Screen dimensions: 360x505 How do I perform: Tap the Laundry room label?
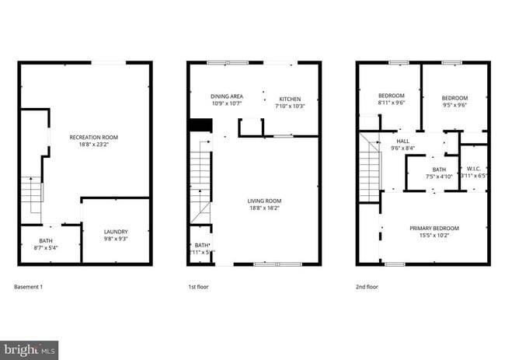(116, 232)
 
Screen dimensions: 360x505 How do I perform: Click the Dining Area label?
(227, 96)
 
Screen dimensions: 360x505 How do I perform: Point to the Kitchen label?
(290, 99)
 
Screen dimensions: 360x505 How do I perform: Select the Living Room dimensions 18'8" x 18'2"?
(264, 208)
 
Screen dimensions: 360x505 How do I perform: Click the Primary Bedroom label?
(434, 228)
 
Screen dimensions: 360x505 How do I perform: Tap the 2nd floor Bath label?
(439, 170)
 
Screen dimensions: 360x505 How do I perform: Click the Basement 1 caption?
(29, 287)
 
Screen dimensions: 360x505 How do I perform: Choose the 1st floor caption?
(198, 287)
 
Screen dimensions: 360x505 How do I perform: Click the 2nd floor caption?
(367, 287)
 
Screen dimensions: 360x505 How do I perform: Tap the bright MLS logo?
(30, 349)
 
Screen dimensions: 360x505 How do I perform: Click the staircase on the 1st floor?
(201, 179)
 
